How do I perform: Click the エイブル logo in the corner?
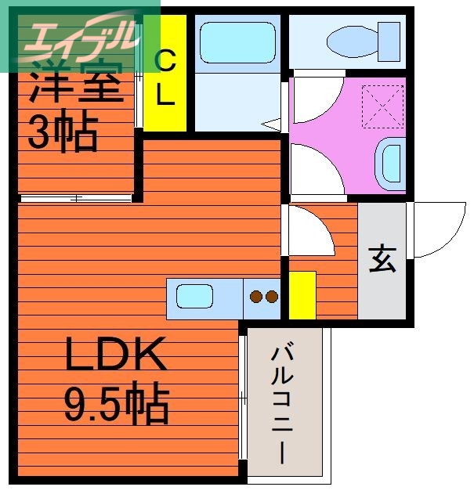(x=78, y=35)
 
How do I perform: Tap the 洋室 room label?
(x=75, y=86)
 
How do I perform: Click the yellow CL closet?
(x=165, y=74)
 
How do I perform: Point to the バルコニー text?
(x=283, y=403)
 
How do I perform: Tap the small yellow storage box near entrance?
(x=302, y=295)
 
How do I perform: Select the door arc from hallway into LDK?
(x=309, y=231)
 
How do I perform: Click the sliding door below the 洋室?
(x=76, y=198)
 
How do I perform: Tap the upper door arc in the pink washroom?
(x=313, y=98)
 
